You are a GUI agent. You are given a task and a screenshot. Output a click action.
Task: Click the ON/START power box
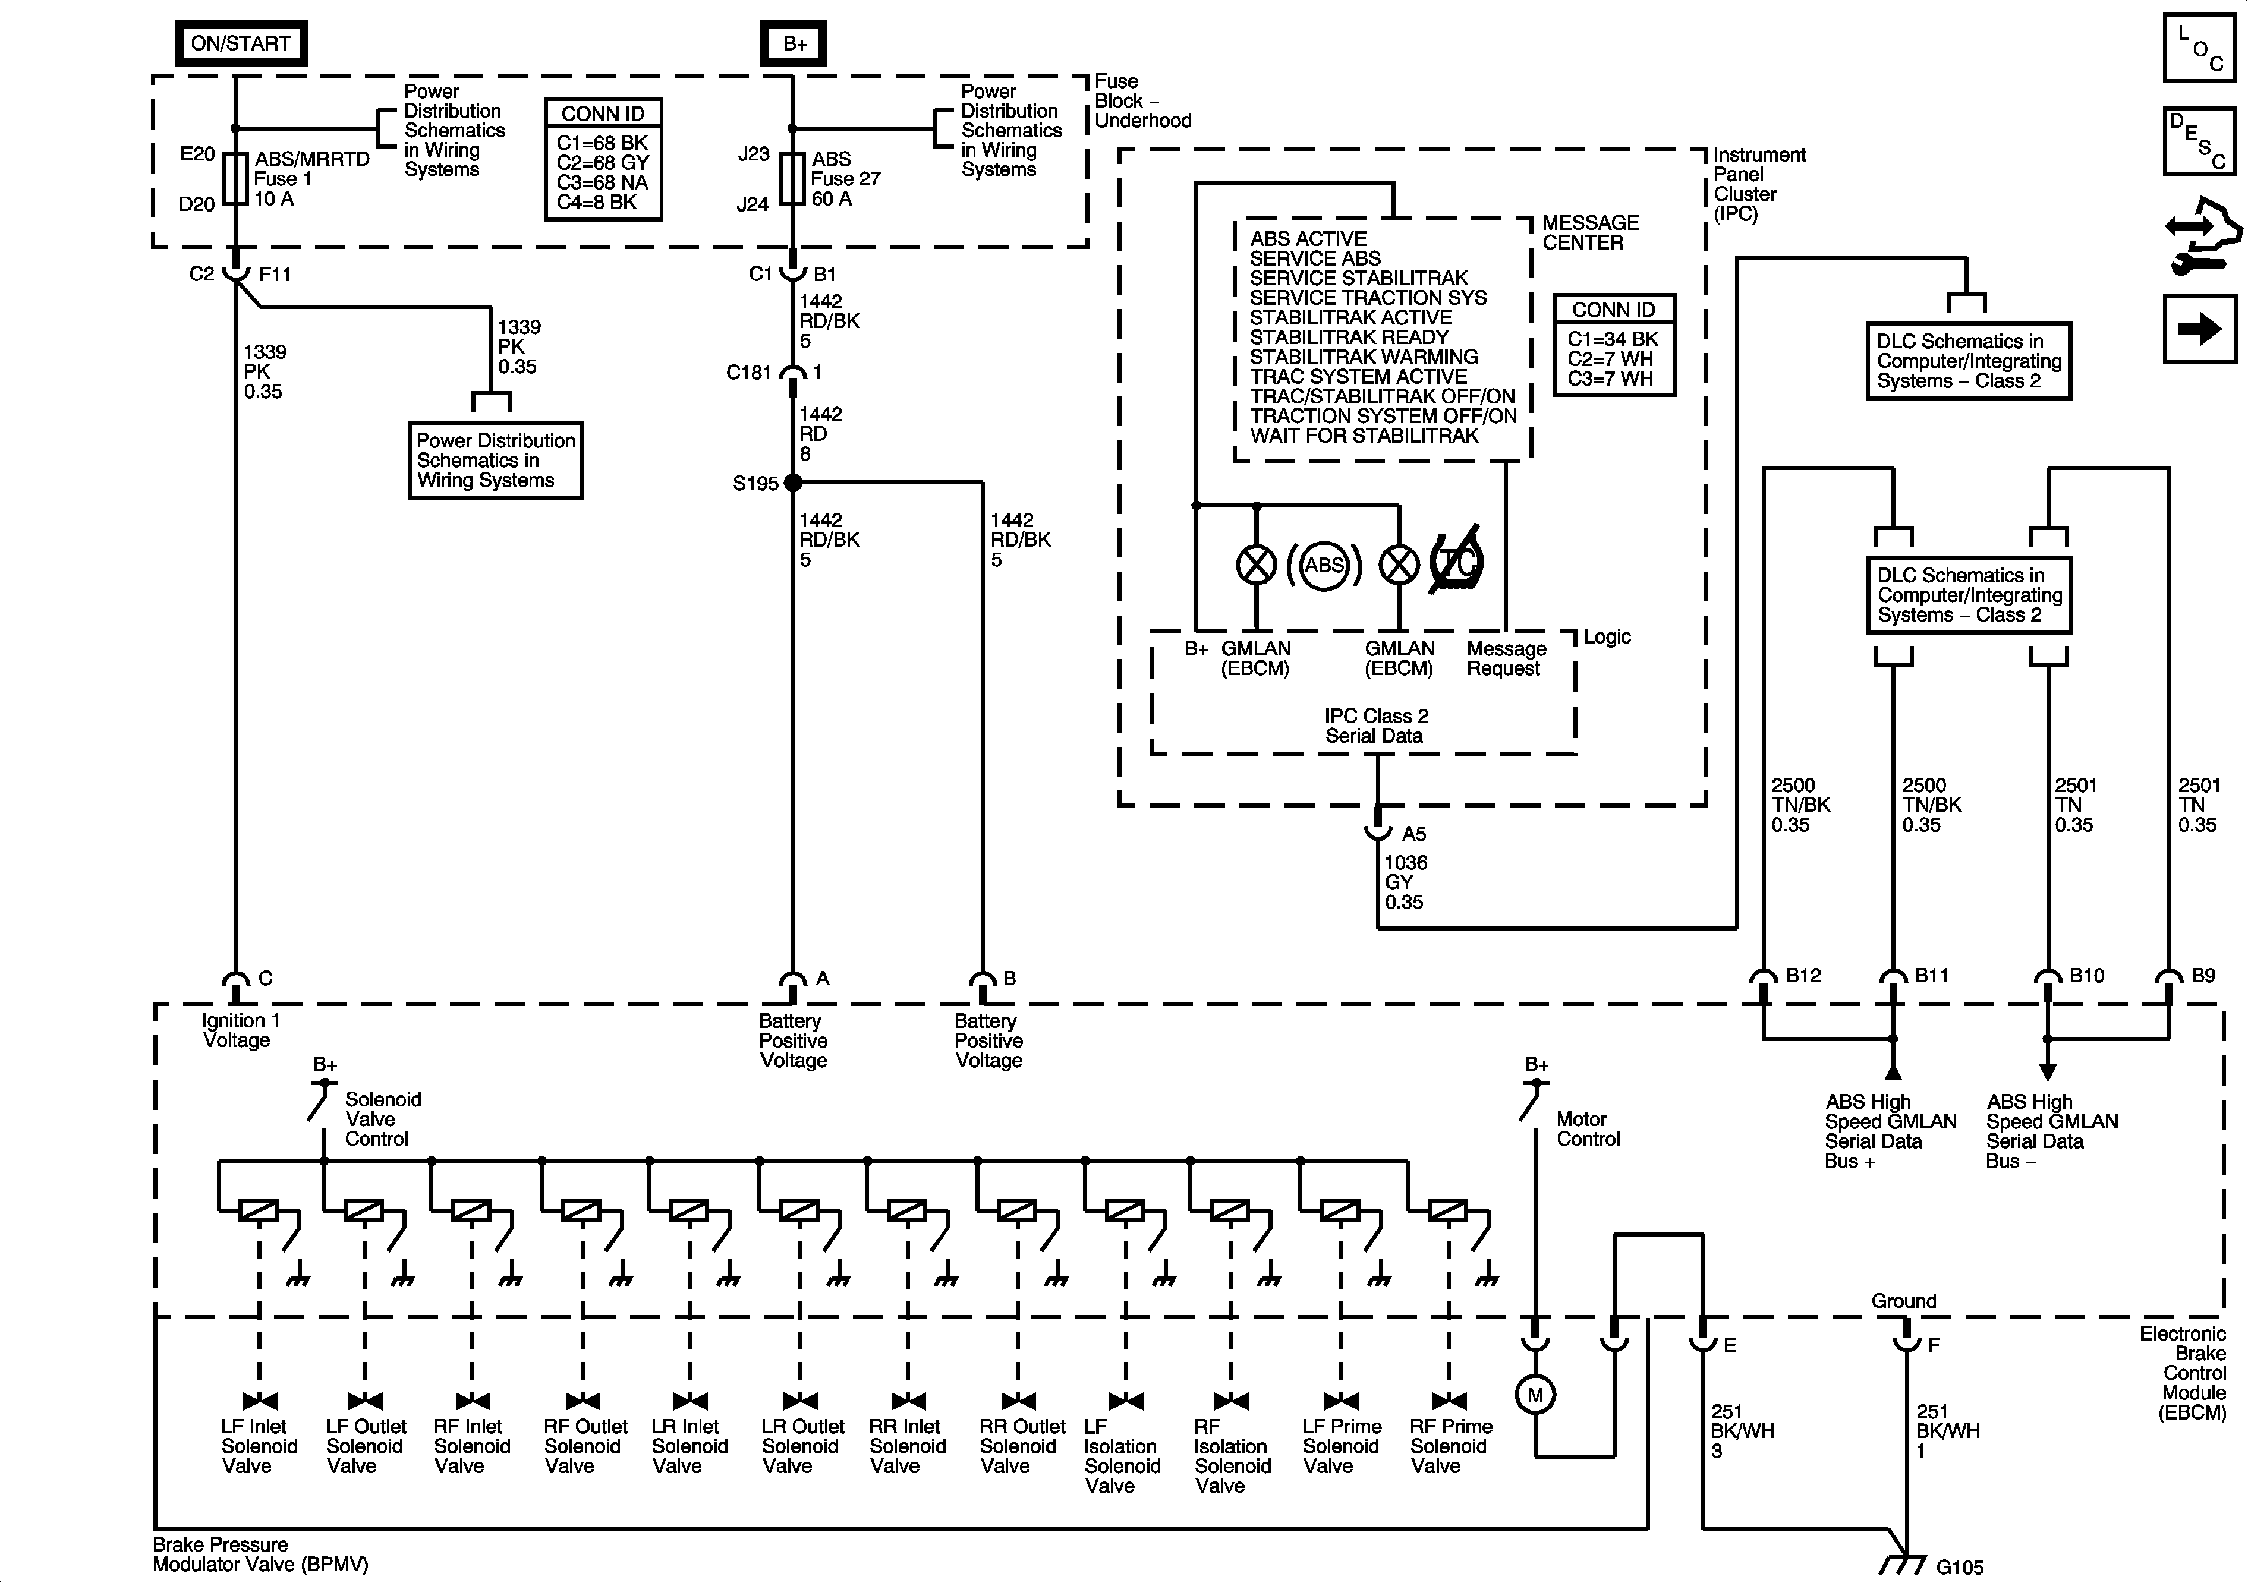coord(240,43)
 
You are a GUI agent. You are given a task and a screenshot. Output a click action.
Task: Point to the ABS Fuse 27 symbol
coord(792,178)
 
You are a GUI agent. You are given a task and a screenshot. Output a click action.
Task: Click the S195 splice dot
coord(793,483)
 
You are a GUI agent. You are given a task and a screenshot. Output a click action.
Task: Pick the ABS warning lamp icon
coord(1324,565)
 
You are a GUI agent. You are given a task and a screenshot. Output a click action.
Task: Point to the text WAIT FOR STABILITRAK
coord(1364,436)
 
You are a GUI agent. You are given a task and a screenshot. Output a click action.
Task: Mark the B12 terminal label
coord(1803,975)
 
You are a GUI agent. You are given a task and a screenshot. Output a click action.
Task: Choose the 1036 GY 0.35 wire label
coord(1405,882)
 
